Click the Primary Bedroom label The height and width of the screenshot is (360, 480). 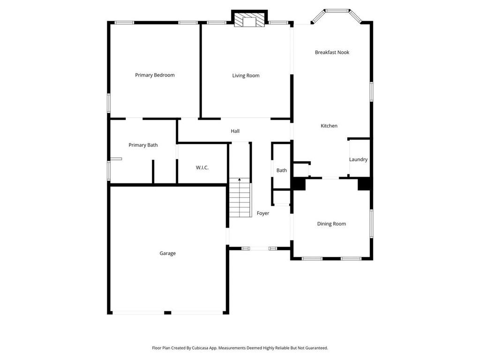[x=155, y=75]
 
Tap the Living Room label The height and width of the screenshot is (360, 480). [x=246, y=75]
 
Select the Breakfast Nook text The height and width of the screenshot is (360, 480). [x=332, y=52]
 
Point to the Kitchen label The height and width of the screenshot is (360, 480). [x=329, y=126]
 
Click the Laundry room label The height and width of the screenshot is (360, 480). [x=358, y=159]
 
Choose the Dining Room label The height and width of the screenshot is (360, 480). [x=331, y=224]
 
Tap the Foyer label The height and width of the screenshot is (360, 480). [x=263, y=213]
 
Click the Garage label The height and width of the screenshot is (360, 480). [x=167, y=253]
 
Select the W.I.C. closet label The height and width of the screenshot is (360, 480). [x=202, y=167]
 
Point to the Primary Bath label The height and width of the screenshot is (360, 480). [x=143, y=145]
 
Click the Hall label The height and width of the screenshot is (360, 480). [x=235, y=131]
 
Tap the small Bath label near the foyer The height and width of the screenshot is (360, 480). [x=282, y=171]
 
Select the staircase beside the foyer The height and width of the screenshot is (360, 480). [x=240, y=197]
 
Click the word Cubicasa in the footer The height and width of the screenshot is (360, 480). [x=200, y=348]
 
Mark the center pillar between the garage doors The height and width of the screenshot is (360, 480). [x=167, y=313]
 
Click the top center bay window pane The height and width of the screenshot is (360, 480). [x=337, y=11]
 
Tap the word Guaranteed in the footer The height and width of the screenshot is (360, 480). [x=317, y=348]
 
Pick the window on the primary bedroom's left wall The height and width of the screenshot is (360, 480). [x=109, y=103]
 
